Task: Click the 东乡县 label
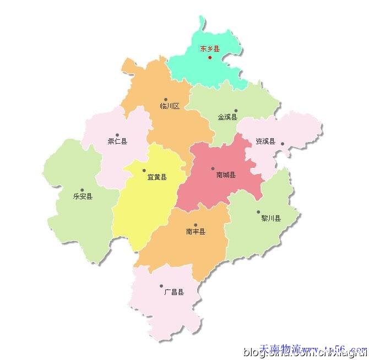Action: click(209, 49)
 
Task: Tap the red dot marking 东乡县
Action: click(210, 57)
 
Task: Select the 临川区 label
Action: click(170, 106)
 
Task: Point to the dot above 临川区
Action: click(165, 100)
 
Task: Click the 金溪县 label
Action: click(227, 117)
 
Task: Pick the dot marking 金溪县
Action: click(236, 110)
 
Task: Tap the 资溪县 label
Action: click(265, 141)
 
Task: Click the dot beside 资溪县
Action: click(283, 144)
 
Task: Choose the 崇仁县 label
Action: click(117, 141)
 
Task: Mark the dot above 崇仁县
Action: click(117, 135)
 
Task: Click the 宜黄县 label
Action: click(157, 177)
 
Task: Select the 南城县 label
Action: click(226, 175)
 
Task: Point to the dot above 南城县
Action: click(213, 169)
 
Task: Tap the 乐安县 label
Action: click(83, 196)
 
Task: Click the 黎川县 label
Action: click(271, 218)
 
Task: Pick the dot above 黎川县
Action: click(258, 212)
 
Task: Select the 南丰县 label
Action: click(196, 232)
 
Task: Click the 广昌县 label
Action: click(174, 292)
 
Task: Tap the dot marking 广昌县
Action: click(161, 286)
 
